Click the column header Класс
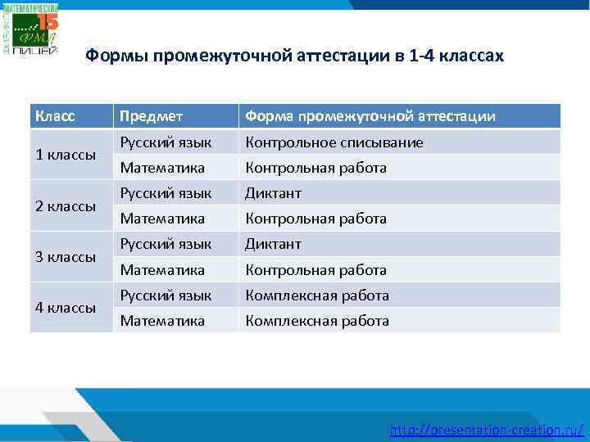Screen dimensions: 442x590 (x=55, y=116)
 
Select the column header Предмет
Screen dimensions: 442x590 (x=152, y=116)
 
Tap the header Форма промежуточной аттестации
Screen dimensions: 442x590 (x=370, y=116)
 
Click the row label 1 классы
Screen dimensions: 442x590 (x=66, y=155)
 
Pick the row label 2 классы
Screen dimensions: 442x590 (x=66, y=206)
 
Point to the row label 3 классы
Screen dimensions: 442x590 (x=66, y=257)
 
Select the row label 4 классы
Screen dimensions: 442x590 (x=66, y=308)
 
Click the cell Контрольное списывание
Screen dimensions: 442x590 (x=334, y=142)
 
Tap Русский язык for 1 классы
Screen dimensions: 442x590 (x=166, y=142)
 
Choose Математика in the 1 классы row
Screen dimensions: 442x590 (x=162, y=168)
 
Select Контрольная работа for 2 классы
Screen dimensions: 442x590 (x=316, y=219)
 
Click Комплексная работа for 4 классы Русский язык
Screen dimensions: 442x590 (x=317, y=295)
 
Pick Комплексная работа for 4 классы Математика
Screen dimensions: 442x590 (x=317, y=321)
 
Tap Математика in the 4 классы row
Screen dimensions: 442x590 (x=162, y=321)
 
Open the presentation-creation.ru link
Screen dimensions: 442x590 (x=487, y=429)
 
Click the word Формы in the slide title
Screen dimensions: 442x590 (x=113, y=56)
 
